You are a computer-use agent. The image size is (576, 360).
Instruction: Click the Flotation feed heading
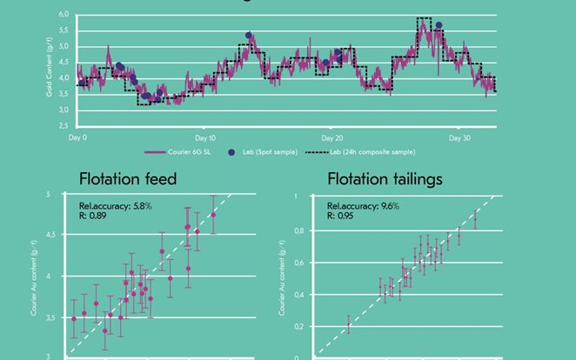coord(128,180)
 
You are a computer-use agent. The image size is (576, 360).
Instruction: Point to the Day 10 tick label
coord(205,137)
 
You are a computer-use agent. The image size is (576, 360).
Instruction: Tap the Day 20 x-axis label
coord(332,137)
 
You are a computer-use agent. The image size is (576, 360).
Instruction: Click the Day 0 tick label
coord(77,137)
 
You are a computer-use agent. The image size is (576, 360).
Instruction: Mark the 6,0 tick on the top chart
coord(64,16)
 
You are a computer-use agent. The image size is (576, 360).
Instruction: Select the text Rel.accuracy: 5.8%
coord(103,205)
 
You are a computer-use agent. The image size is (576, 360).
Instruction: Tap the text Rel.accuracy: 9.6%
coord(357,207)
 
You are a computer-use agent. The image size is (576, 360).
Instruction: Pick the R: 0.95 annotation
coord(340,217)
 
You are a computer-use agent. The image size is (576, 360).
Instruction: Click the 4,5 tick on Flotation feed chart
coord(60,235)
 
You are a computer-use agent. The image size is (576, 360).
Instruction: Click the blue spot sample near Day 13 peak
coord(249,37)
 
